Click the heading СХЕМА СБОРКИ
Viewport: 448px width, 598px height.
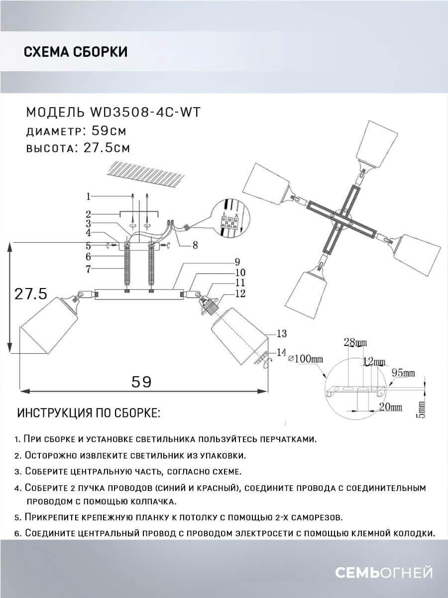coord(75,52)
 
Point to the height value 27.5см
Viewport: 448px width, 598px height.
coord(105,148)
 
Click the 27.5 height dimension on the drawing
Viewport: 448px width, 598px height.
coord(30,295)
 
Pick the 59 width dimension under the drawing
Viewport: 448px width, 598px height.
coord(141,382)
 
